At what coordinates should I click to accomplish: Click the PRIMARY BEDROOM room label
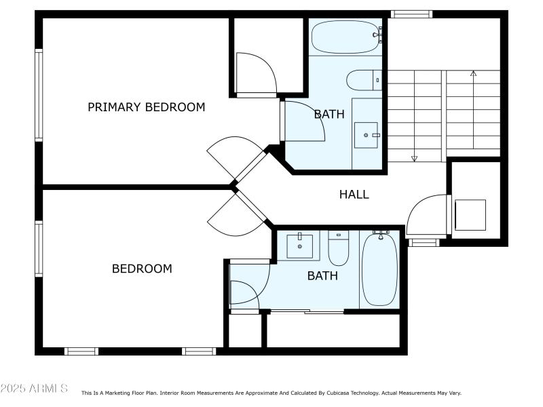pyautogui.click(x=146, y=107)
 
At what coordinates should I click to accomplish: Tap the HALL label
pyautogui.click(x=354, y=195)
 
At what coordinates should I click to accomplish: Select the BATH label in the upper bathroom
pyautogui.click(x=329, y=115)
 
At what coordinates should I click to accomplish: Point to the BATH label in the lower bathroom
pyautogui.click(x=322, y=276)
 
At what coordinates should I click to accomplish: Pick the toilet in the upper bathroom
pyautogui.click(x=363, y=81)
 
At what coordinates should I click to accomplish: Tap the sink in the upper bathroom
pyautogui.click(x=366, y=136)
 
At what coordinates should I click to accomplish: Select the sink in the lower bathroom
pyautogui.click(x=299, y=246)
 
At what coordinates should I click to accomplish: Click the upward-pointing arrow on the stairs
pyautogui.click(x=473, y=73)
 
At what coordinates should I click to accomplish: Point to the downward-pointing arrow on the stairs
pyautogui.click(x=414, y=157)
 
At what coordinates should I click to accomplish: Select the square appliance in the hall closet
pyautogui.click(x=470, y=215)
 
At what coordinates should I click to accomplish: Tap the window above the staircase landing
pyautogui.click(x=412, y=14)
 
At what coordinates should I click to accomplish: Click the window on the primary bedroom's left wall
pyautogui.click(x=39, y=96)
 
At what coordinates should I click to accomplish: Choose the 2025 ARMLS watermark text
pyautogui.click(x=34, y=389)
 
